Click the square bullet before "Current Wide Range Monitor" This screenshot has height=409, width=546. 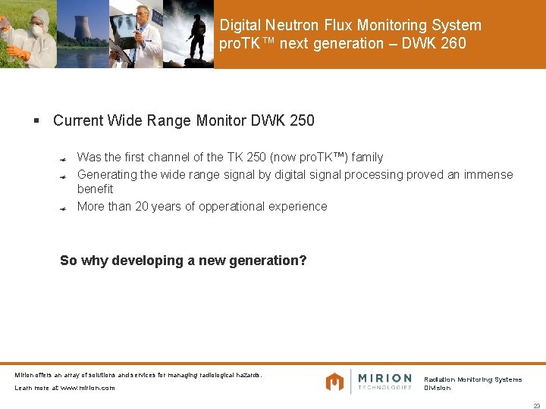coord(36,120)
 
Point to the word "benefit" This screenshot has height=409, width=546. coord(95,189)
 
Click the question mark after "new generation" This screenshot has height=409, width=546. coord(303,261)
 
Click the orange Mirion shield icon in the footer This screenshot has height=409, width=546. coord(334,382)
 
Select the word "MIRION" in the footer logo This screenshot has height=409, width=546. coord(384,377)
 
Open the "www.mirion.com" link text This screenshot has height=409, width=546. coord(87,388)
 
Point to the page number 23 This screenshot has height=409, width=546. coord(536,405)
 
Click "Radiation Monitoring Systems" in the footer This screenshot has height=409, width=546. coord(472,379)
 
